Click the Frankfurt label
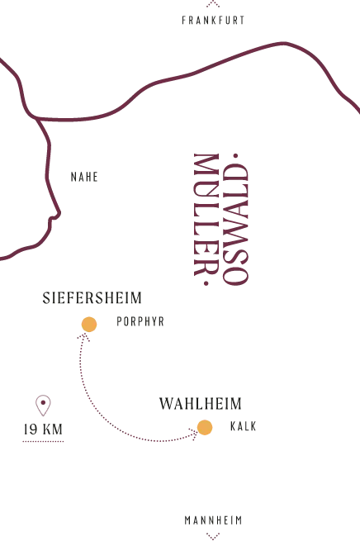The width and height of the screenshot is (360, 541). coord(213,21)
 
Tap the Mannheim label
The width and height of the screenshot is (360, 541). coord(213,520)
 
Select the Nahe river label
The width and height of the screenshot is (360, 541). coord(84,177)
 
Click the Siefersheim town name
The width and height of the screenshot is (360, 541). coord(92,298)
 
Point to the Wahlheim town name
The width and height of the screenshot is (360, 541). coord(201,404)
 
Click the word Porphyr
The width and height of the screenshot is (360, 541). coord(140,321)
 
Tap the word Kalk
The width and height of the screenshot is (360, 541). coord(243,426)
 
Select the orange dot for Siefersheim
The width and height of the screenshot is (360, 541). coord(89,325)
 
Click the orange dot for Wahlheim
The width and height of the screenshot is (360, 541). coord(205,428)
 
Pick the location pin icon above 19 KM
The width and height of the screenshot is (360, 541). coord(43,406)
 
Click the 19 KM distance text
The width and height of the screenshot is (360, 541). coord(43,429)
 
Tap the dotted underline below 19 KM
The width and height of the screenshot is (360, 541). coord(43,441)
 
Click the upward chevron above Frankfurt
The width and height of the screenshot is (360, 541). coord(213,3)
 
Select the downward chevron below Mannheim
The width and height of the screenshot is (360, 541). coord(213,536)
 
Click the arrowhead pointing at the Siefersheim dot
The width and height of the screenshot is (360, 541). coord(83,337)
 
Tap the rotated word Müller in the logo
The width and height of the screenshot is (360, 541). coord(206,215)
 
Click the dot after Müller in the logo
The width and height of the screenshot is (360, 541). coord(206,283)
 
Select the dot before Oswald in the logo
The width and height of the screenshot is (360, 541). coord(236,156)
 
